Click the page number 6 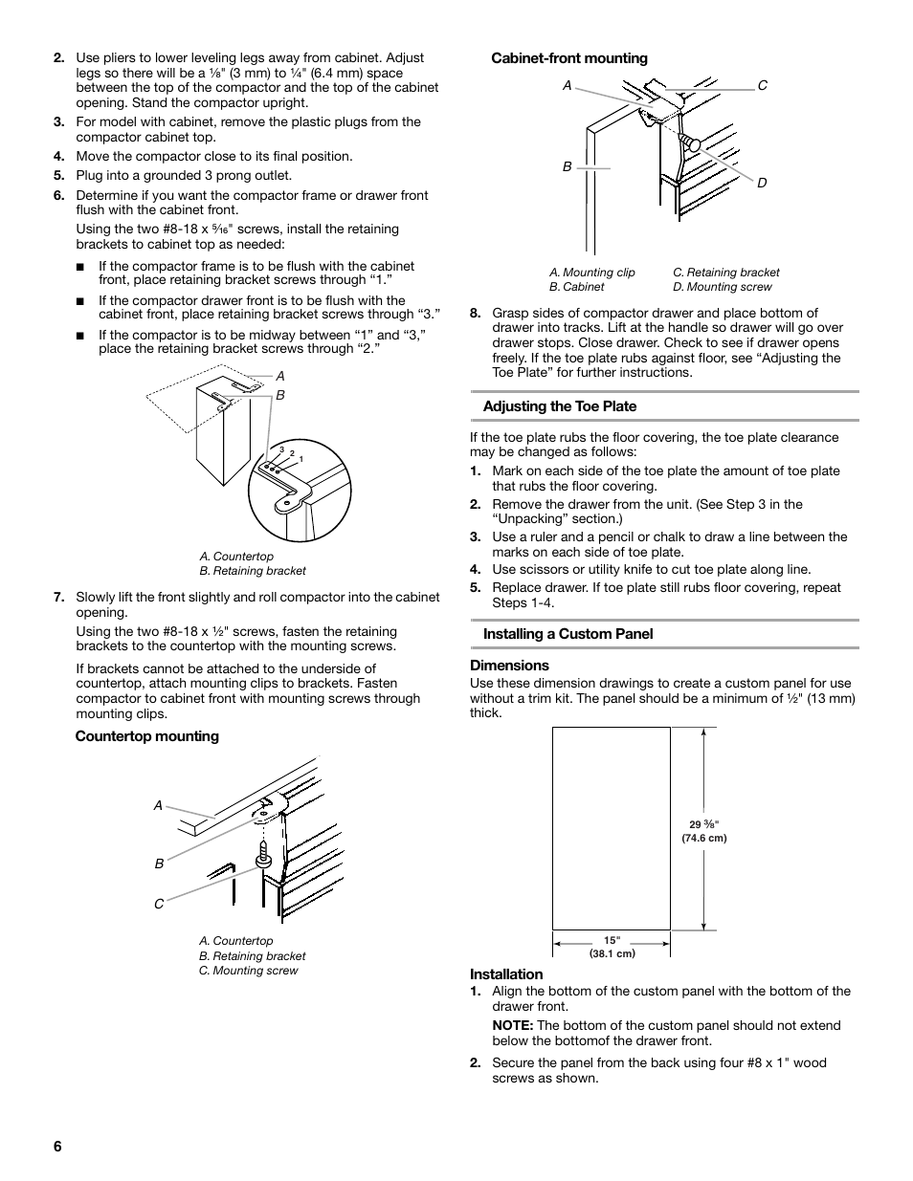coord(57,1148)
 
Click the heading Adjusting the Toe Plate coord(559,406)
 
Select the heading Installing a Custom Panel coord(568,634)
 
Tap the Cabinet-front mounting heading coord(568,58)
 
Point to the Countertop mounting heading coord(147,736)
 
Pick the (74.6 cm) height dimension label coord(703,839)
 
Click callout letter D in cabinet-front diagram coord(763,183)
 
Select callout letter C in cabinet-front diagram coord(763,86)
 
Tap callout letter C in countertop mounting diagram coord(159,904)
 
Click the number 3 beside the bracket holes coord(281,448)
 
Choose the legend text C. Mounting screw coord(248,971)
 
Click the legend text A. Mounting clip coord(591,273)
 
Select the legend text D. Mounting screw coord(722,287)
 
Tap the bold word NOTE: coord(513,1026)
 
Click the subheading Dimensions coord(509,666)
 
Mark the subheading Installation coord(505,974)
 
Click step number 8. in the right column coord(476,313)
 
